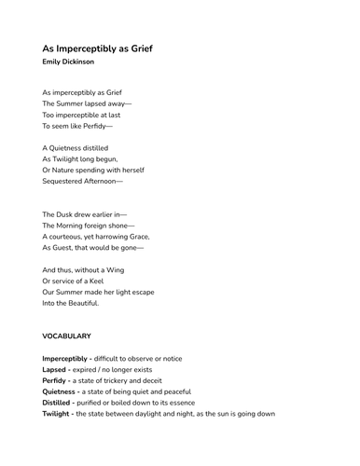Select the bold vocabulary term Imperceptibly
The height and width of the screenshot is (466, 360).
point(64,358)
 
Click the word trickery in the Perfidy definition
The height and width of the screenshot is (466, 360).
point(132,380)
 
